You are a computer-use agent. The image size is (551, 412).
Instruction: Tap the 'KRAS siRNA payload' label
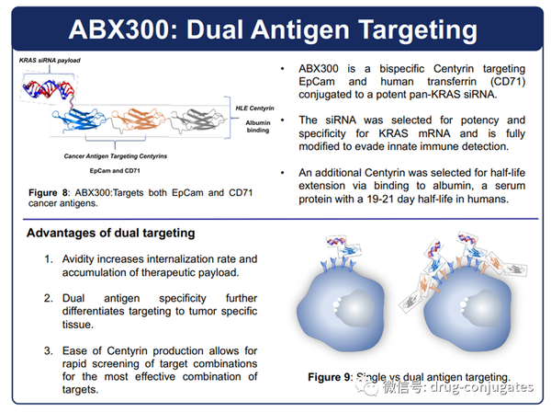click(50, 60)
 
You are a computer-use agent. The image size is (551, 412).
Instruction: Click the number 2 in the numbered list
click(49, 299)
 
